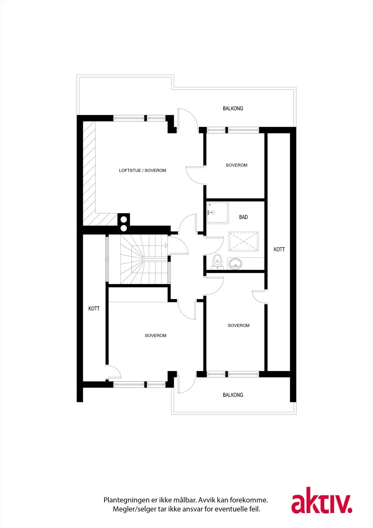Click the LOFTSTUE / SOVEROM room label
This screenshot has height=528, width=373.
coord(142,170)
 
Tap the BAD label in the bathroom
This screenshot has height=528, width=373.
coord(243,217)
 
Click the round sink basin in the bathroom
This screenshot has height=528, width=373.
coord(235,264)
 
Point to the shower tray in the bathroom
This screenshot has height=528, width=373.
coord(217,213)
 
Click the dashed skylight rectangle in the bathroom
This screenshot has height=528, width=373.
coord(243,242)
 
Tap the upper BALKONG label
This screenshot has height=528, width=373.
coord(233,109)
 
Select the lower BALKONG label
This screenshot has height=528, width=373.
coord(233,395)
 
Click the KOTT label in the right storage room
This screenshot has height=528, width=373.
coord(279,249)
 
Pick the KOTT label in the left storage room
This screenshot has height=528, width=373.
coord(94,309)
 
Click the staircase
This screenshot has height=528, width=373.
coord(144,259)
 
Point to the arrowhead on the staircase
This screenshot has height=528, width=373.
coord(166,246)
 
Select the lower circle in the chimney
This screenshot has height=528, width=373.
coord(123,228)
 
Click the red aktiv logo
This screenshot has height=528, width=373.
coord(322,500)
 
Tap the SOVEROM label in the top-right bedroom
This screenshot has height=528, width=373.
coord(236,165)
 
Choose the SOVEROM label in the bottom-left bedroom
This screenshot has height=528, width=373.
coord(156,335)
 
